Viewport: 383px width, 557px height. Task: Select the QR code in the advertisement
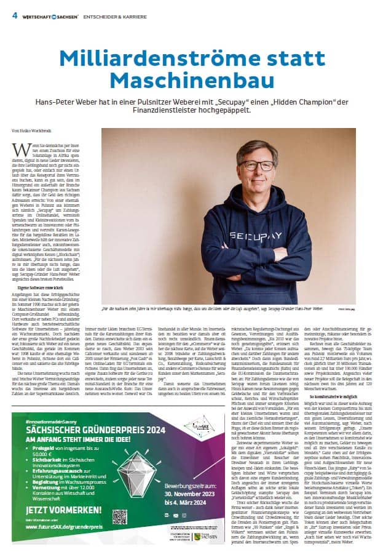click(120, 515)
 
